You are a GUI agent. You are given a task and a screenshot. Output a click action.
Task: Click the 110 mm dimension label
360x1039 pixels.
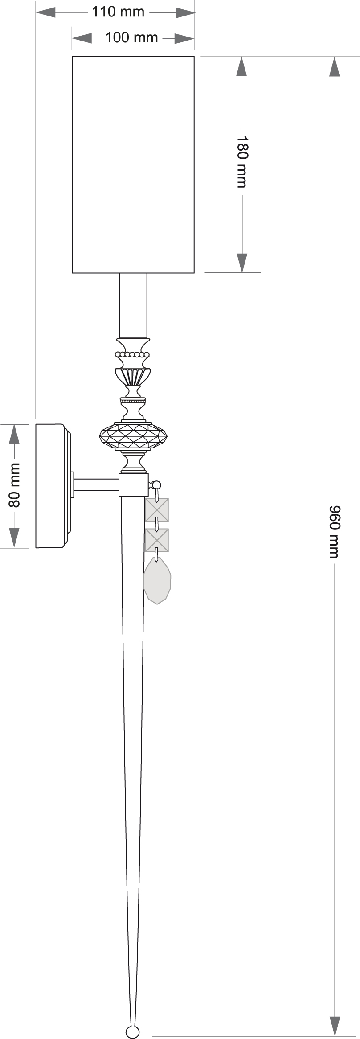coord(119,12)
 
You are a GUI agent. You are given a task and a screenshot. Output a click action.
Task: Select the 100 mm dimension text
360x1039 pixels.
coord(131,38)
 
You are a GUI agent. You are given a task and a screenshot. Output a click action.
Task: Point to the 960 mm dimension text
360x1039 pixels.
coord(334,531)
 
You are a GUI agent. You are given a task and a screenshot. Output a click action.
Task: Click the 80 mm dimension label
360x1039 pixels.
coord(14,485)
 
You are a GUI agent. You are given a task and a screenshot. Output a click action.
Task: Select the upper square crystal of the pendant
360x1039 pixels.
coord(157,509)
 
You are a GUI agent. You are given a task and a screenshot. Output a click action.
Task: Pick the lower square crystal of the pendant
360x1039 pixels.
coord(157,540)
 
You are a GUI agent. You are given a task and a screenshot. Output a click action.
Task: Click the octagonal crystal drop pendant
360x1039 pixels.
coord(157,581)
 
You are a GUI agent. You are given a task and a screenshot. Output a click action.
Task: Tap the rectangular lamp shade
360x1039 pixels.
coord(133,164)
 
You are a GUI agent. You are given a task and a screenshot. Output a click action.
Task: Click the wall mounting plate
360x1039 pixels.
coord(51,486)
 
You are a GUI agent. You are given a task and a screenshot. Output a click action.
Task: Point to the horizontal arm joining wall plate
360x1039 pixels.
coord(96,485)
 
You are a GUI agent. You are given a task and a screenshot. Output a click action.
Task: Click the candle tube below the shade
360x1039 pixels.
coord(133,305)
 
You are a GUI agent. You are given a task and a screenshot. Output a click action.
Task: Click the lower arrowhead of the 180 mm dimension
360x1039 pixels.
coord(241,263)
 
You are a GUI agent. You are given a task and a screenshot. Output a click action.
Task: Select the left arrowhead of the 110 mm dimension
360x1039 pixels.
coord(46,12)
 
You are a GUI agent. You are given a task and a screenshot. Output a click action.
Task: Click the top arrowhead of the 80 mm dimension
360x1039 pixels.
coord(14,434)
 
